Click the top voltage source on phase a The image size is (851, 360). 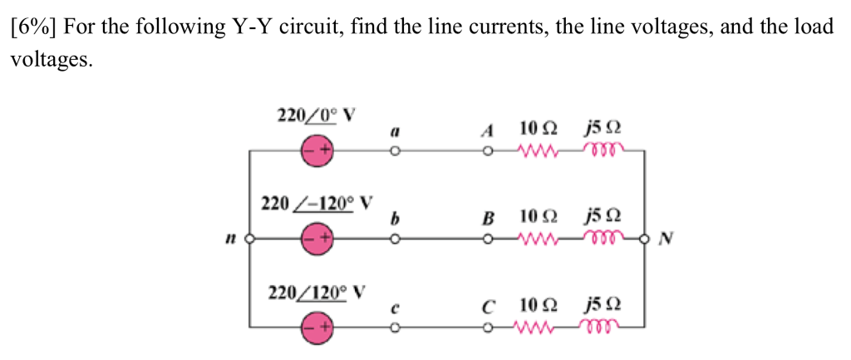pyautogui.click(x=317, y=152)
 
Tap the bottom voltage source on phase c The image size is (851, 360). pyautogui.click(x=317, y=327)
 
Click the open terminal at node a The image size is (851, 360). pyautogui.click(x=396, y=152)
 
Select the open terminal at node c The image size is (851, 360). pyautogui.click(x=396, y=327)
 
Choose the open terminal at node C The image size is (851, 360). pyautogui.click(x=490, y=327)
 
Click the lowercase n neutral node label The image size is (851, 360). pyautogui.click(x=226, y=239)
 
